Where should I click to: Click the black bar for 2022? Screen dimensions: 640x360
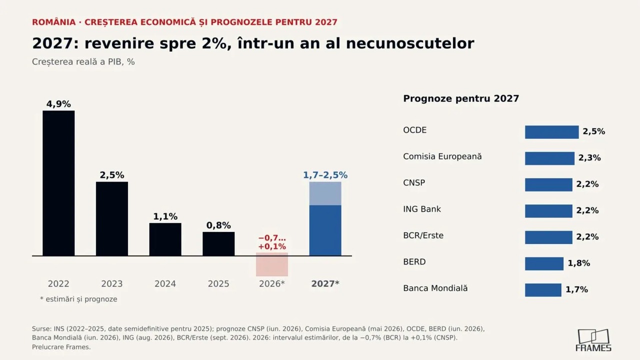58,183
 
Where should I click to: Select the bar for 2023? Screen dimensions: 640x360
112,218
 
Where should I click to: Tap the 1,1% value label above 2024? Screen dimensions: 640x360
165,216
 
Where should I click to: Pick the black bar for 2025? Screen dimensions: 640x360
218,243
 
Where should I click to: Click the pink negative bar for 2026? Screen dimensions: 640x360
272,264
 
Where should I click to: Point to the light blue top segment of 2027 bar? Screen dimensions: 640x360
325,193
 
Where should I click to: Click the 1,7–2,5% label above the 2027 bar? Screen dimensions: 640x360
325,175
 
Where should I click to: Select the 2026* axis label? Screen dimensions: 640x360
271,283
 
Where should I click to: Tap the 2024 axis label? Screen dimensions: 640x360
165,283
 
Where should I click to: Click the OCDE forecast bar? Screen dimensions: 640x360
551,132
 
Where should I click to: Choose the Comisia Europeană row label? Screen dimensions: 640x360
442,156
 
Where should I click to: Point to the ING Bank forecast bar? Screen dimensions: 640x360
548,211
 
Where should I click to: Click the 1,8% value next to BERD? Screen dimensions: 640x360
578,263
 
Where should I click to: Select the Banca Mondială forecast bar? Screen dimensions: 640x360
543,290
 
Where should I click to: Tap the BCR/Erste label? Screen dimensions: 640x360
423,235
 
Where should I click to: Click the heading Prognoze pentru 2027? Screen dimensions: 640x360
461,98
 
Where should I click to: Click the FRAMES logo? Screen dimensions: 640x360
593,340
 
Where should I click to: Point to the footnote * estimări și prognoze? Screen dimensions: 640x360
78,299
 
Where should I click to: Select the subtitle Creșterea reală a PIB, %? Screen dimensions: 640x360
83,61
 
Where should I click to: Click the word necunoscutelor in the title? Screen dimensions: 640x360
410,43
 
